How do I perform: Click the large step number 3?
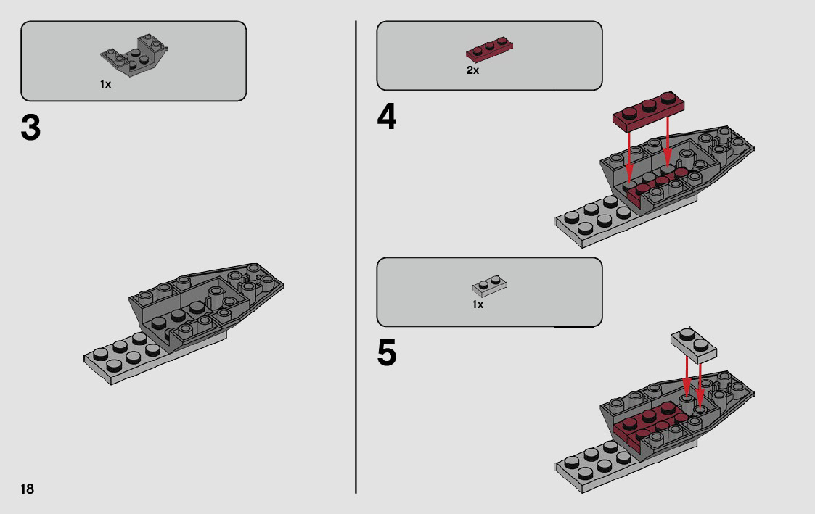(30, 129)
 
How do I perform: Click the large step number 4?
(387, 118)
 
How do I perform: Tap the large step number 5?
(387, 355)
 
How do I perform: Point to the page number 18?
(27, 489)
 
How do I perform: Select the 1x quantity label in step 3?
(105, 85)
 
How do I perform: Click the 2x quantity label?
(472, 71)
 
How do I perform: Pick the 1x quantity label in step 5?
(478, 305)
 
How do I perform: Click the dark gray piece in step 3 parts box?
(134, 56)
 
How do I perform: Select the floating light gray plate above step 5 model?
(694, 344)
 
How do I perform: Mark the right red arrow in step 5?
(700, 381)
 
